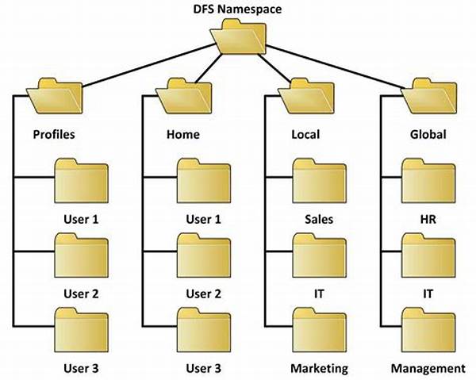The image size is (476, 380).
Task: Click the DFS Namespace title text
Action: tap(238, 9)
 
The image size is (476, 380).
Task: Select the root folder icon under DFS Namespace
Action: tap(238, 36)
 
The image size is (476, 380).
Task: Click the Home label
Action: tap(182, 134)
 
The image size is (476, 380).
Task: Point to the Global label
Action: tap(429, 134)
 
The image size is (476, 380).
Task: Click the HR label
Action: tap(429, 218)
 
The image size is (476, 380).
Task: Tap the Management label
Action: tap(428, 369)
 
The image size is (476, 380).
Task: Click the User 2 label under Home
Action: tap(203, 294)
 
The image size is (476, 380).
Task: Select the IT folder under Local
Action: tap(319, 256)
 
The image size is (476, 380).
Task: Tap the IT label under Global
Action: tap(429, 294)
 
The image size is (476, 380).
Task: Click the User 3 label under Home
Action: tap(203, 369)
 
